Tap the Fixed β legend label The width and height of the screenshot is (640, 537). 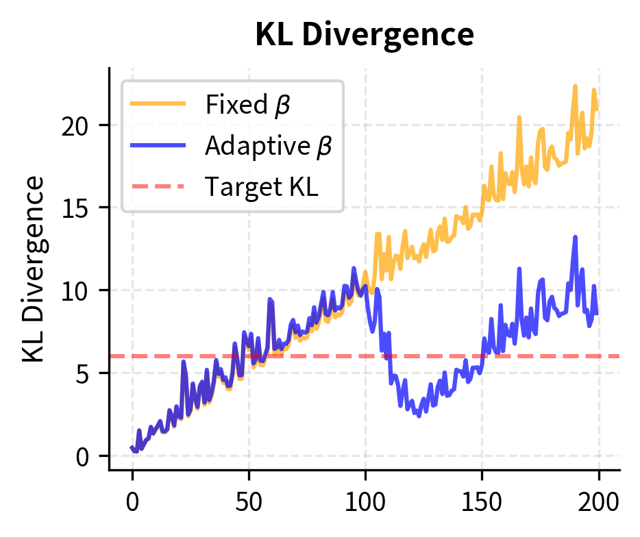247,105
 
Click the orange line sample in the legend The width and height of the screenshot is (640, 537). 158,105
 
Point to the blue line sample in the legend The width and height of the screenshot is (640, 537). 158,145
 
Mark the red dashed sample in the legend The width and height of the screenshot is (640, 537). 158,186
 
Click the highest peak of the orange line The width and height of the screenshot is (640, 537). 575,86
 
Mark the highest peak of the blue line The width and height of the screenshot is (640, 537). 575,237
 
